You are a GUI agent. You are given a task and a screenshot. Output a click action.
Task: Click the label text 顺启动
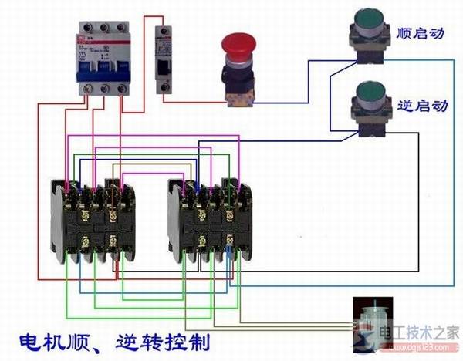click(422, 35)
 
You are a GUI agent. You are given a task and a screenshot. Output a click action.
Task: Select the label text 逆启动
click(421, 105)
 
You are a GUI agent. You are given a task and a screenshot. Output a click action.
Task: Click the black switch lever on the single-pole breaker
click(164, 67)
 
